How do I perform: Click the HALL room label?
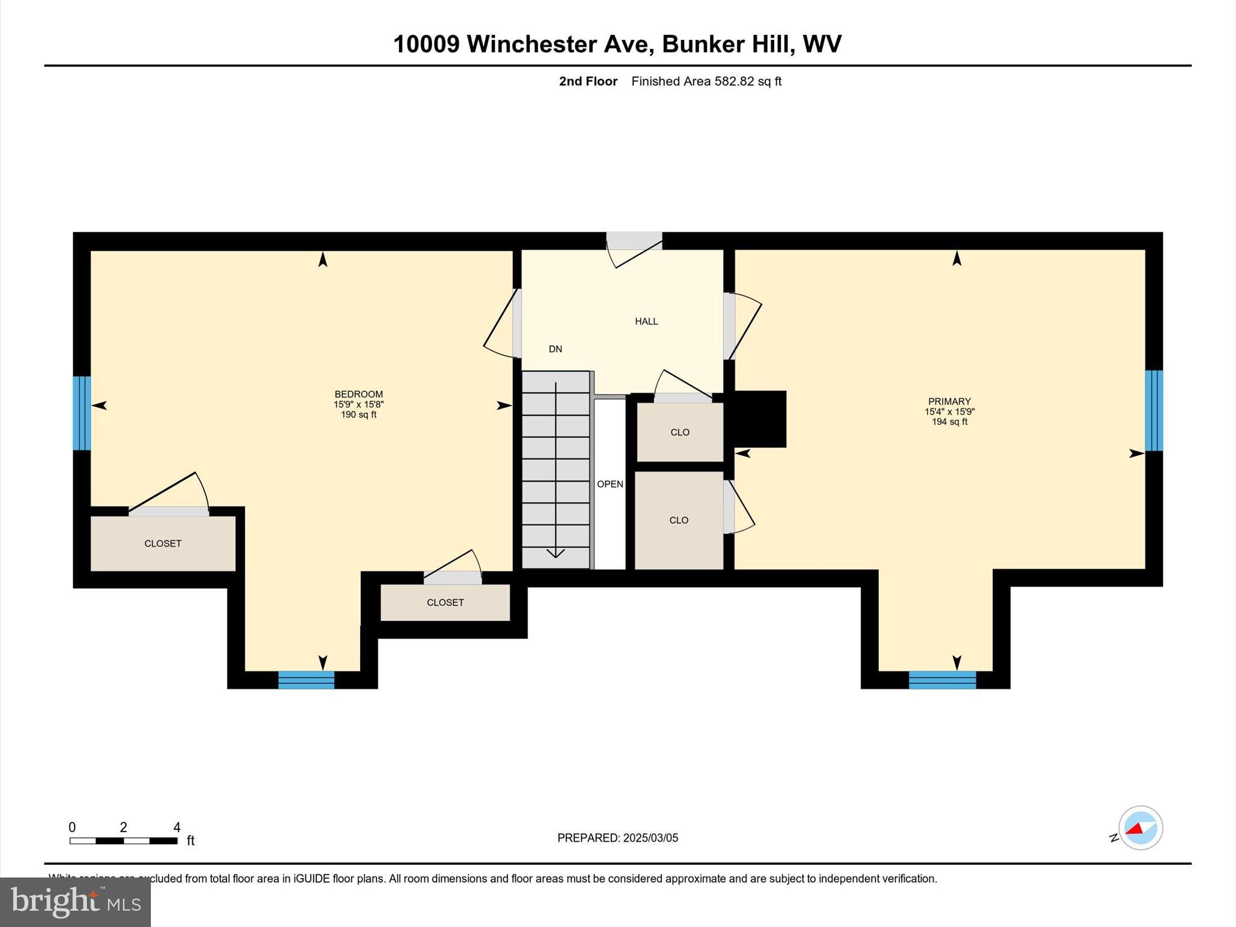click(x=646, y=321)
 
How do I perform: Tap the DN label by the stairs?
click(x=555, y=349)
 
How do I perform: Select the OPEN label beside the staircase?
click(x=610, y=484)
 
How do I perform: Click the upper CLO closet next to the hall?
click(x=680, y=432)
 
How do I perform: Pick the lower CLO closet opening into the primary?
click(x=678, y=520)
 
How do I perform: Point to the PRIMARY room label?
click(x=949, y=401)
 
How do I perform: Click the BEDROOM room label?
click(x=358, y=394)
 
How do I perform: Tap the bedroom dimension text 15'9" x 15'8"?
click(x=358, y=404)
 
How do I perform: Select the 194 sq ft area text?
click(x=949, y=422)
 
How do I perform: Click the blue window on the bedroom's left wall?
click(x=81, y=413)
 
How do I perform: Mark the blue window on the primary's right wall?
click(x=1153, y=410)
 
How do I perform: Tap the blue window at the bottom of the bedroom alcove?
click(x=306, y=680)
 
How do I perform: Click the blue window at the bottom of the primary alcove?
click(x=942, y=680)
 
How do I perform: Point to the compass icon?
click(x=1140, y=828)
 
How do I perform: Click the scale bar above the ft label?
click(x=123, y=841)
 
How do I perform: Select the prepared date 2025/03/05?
click(x=650, y=838)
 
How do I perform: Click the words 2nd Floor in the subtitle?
click(x=588, y=81)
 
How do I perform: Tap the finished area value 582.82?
click(x=734, y=81)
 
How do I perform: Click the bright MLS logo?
click(x=75, y=902)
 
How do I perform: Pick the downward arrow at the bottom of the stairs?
click(x=555, y=553)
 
